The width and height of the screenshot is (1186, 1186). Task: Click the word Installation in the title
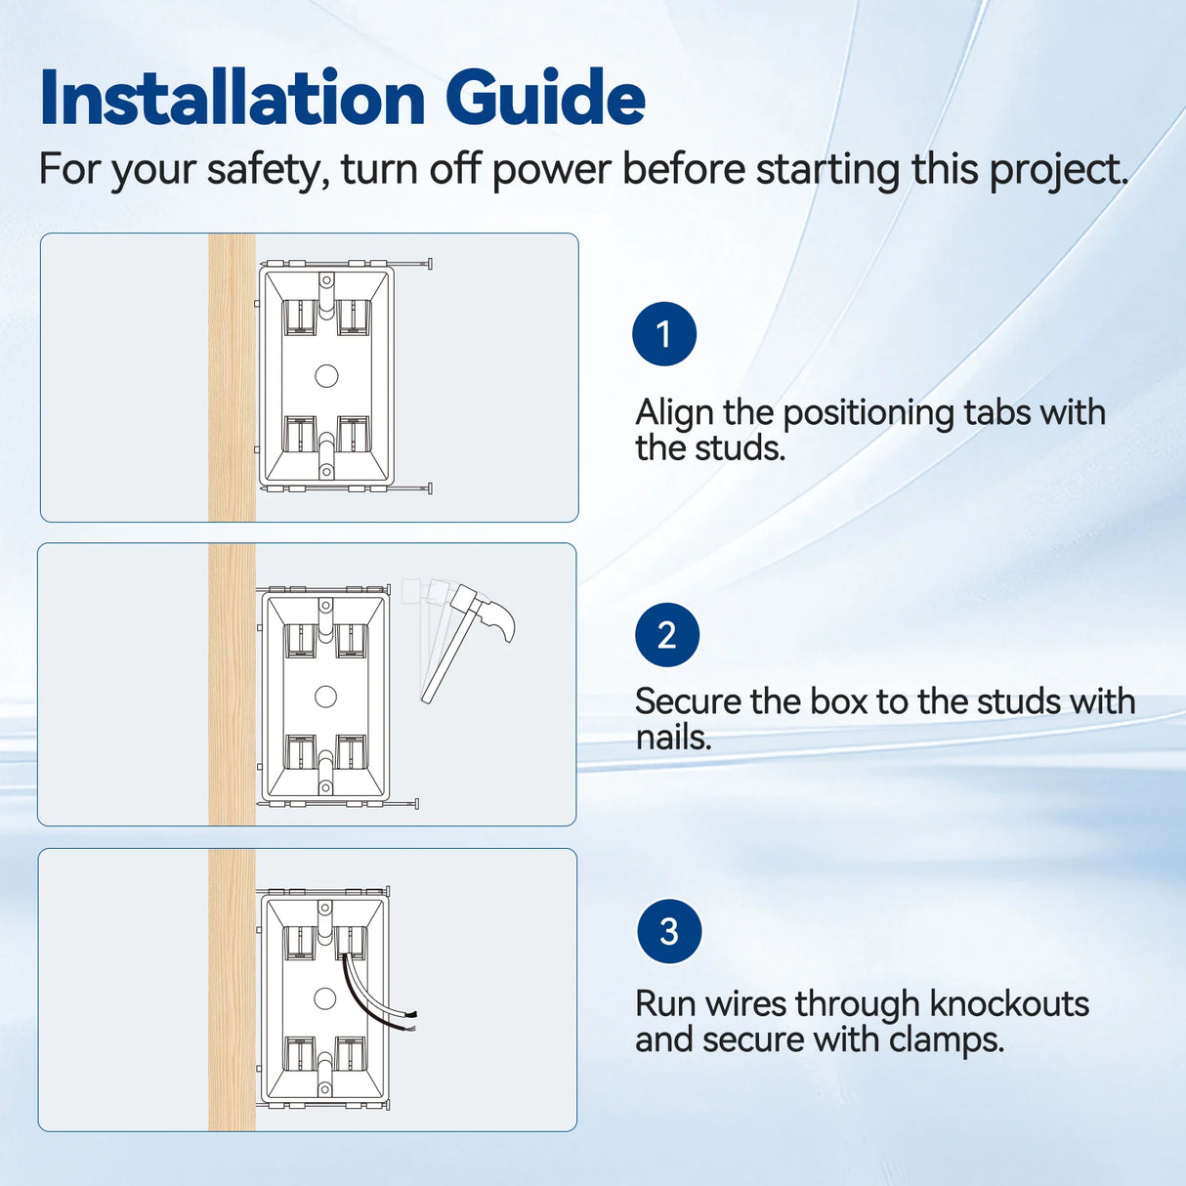(233, 98)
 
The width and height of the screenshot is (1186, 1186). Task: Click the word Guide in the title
(545, 98)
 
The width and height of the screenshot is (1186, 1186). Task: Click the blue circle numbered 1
(664, 334)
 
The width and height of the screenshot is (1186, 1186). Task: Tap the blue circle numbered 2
(667, 635)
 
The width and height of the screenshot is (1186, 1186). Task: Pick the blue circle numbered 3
(669, 931)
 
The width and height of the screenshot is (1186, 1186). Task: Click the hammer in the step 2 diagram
(469, 640)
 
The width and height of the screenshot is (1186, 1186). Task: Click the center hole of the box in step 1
(326, 375)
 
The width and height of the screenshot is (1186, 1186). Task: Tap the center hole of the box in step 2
(325, 697)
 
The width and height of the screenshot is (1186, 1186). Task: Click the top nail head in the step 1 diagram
(430, 264)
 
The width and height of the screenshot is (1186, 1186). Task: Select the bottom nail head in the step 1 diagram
(430, 488)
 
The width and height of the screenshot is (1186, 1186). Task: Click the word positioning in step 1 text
(868, 413)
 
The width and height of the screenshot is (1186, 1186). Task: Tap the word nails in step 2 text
(673, 737)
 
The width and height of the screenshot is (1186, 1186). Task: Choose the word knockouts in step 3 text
(1009, 1004)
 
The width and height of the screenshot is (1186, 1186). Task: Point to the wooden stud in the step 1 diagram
(233, 377)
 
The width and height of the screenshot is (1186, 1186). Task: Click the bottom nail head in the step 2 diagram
(417, 804)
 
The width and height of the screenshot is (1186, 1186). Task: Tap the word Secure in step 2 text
(688, 701)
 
